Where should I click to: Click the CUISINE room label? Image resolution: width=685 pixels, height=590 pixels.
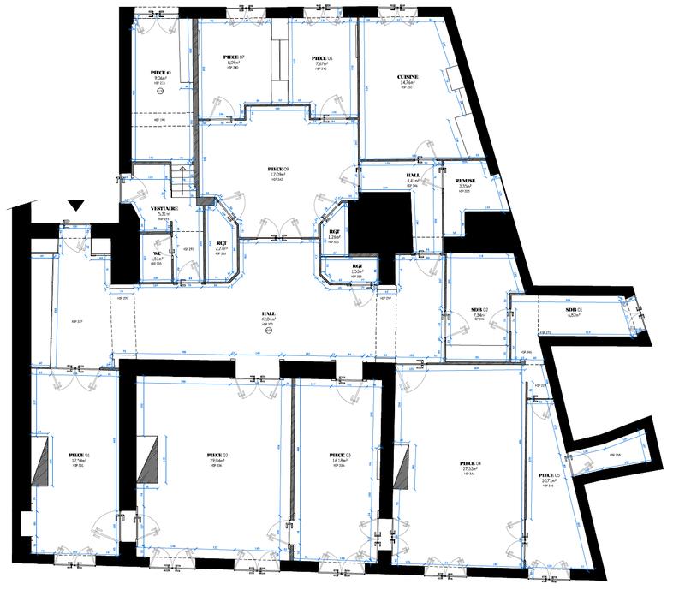408,77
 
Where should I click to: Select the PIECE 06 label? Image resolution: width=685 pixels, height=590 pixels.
323,57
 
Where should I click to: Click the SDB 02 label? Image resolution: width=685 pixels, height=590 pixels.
479,309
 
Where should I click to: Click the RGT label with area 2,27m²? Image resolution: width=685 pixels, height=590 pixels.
221,243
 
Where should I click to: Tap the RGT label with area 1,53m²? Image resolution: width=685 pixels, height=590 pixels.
358,266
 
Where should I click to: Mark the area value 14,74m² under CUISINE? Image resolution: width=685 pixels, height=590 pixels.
408,82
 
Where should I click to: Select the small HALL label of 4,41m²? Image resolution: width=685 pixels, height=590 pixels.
412,175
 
